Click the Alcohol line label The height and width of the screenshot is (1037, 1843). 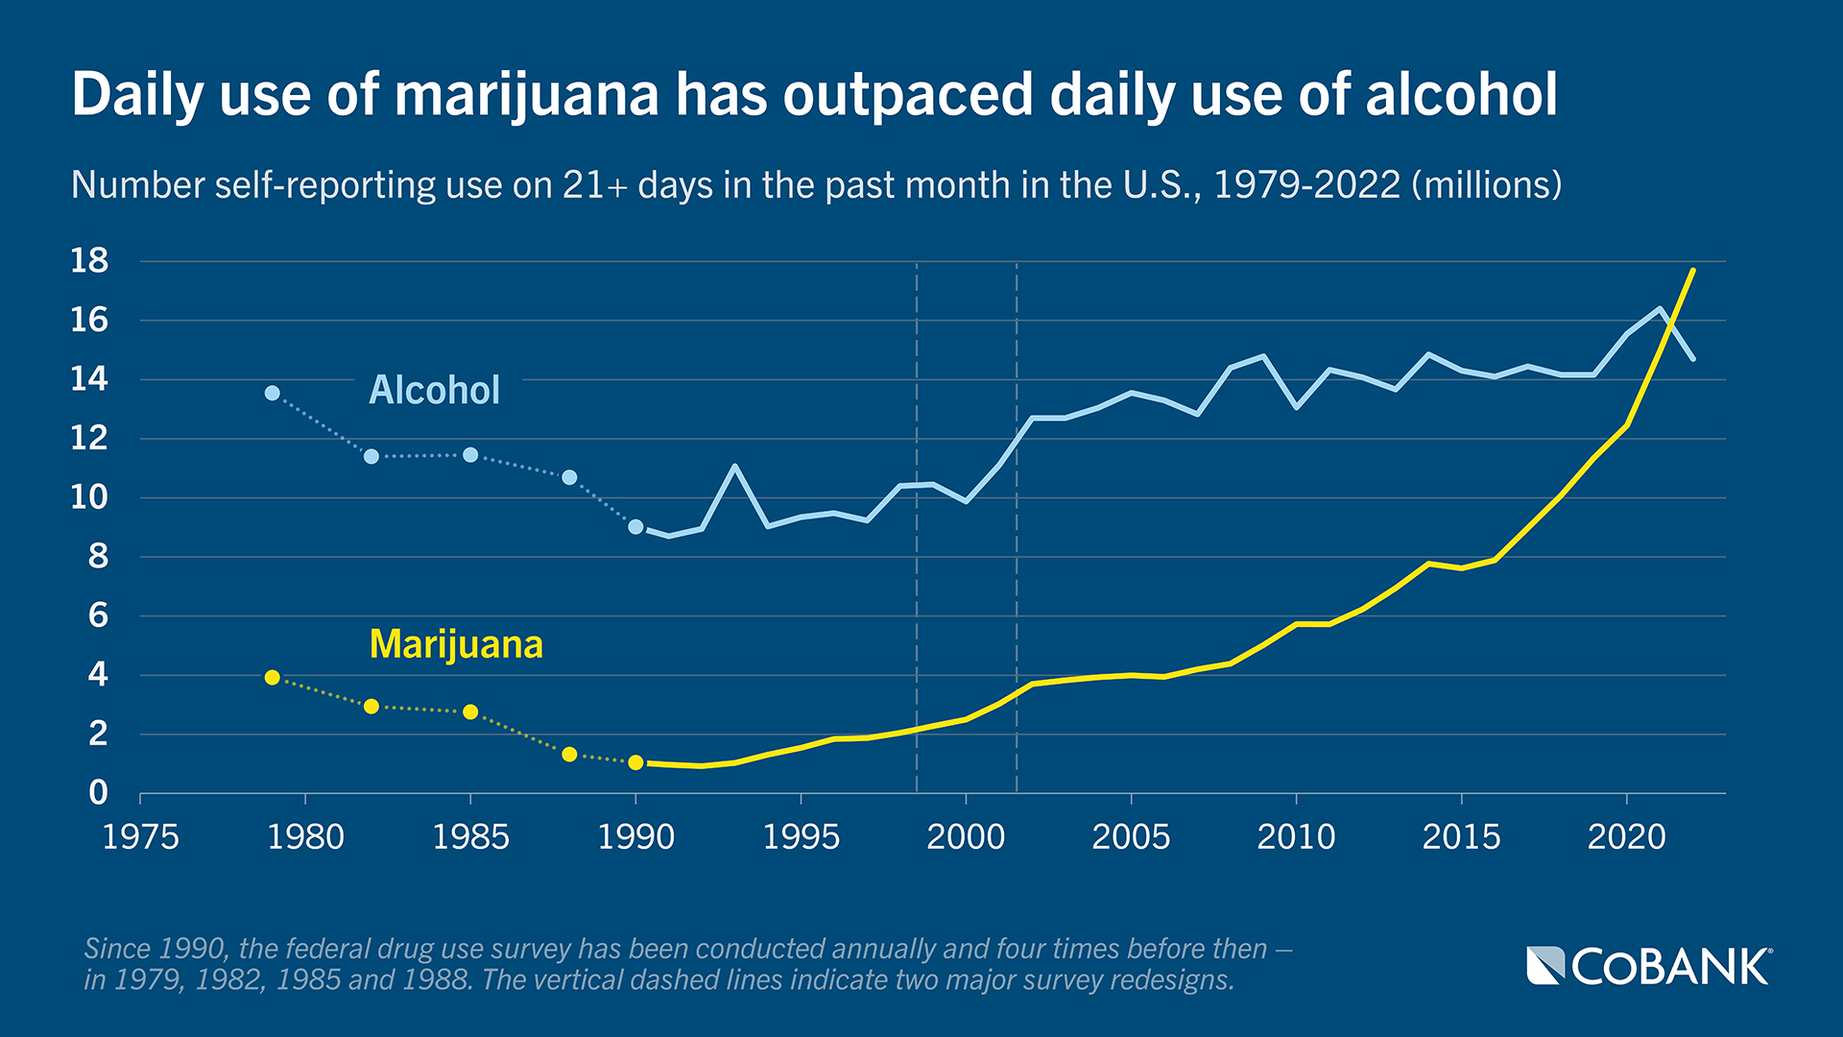point(434,391)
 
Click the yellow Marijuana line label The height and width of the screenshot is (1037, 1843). point(456,644)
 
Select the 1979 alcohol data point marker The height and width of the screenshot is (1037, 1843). point(273,393)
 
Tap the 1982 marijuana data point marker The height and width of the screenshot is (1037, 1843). point(371,707)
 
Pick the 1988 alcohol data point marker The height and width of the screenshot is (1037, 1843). point(569,477)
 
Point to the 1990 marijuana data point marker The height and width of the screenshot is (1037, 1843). point(635,762)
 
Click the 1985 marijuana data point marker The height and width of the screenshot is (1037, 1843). point(470,711)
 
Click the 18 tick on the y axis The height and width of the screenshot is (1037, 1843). point(89,260)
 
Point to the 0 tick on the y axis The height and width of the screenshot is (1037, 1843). point(98,793)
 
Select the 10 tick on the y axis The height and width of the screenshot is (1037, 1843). point(89,497)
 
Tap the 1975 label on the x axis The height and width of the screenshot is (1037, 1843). point(140,837)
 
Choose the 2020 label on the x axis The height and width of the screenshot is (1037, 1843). point(1626,837)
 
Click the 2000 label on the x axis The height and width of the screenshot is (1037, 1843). point(966,837)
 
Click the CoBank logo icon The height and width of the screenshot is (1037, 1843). point(1545,965)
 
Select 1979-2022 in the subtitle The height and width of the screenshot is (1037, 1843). point(1307,184)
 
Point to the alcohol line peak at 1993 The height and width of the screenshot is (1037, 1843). point(734,467)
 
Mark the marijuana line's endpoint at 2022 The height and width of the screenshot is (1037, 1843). point(1692,271)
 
